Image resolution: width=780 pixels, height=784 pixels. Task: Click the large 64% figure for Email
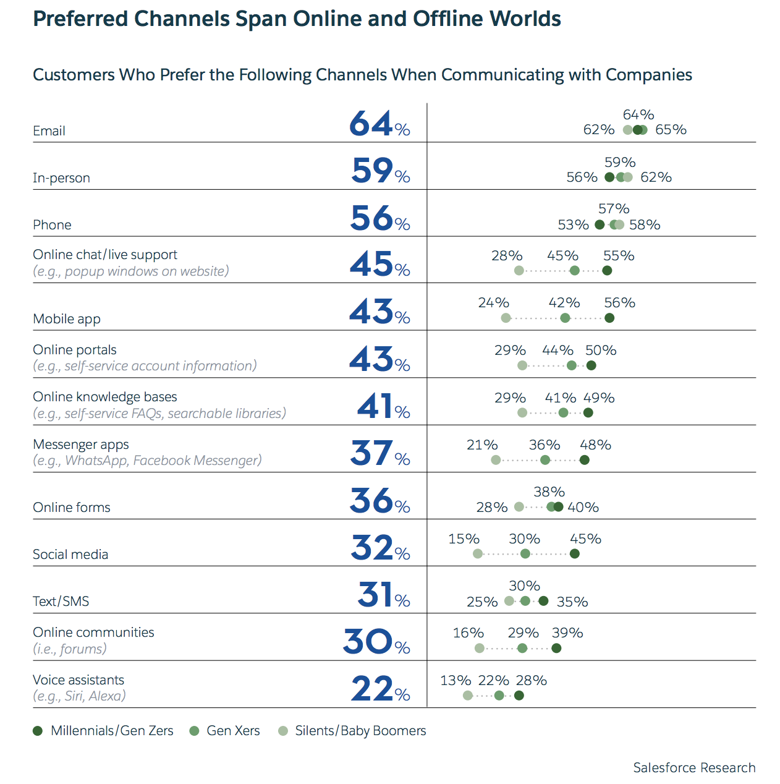point(379,124)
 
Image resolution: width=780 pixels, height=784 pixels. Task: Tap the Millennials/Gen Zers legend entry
point(103,731)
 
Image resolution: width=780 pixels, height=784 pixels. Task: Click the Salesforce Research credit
point(694,768)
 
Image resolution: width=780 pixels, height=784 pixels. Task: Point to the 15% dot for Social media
point(478,554)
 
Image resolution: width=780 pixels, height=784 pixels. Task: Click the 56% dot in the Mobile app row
point(609,318)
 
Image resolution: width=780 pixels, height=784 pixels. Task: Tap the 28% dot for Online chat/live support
point(519,271)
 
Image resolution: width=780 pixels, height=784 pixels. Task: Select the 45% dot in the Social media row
point(575,554)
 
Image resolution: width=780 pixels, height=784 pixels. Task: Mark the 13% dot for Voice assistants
point(468,696)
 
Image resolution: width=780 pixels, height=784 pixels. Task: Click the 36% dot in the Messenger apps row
point(545,460)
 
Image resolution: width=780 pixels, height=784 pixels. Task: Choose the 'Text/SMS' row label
point(61,602)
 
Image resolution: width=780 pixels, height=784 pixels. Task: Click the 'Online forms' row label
point(72,508)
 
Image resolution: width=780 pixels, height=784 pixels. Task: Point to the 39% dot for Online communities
point(556,649)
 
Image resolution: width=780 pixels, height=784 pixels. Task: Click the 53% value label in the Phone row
point(573,225)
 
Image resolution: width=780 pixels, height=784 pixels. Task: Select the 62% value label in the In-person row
point(656,177)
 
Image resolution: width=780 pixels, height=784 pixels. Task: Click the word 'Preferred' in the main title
point(80,19)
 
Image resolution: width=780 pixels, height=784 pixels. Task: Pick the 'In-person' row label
point(62,178)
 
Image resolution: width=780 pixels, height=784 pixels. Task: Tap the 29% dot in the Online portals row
point(522,366)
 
